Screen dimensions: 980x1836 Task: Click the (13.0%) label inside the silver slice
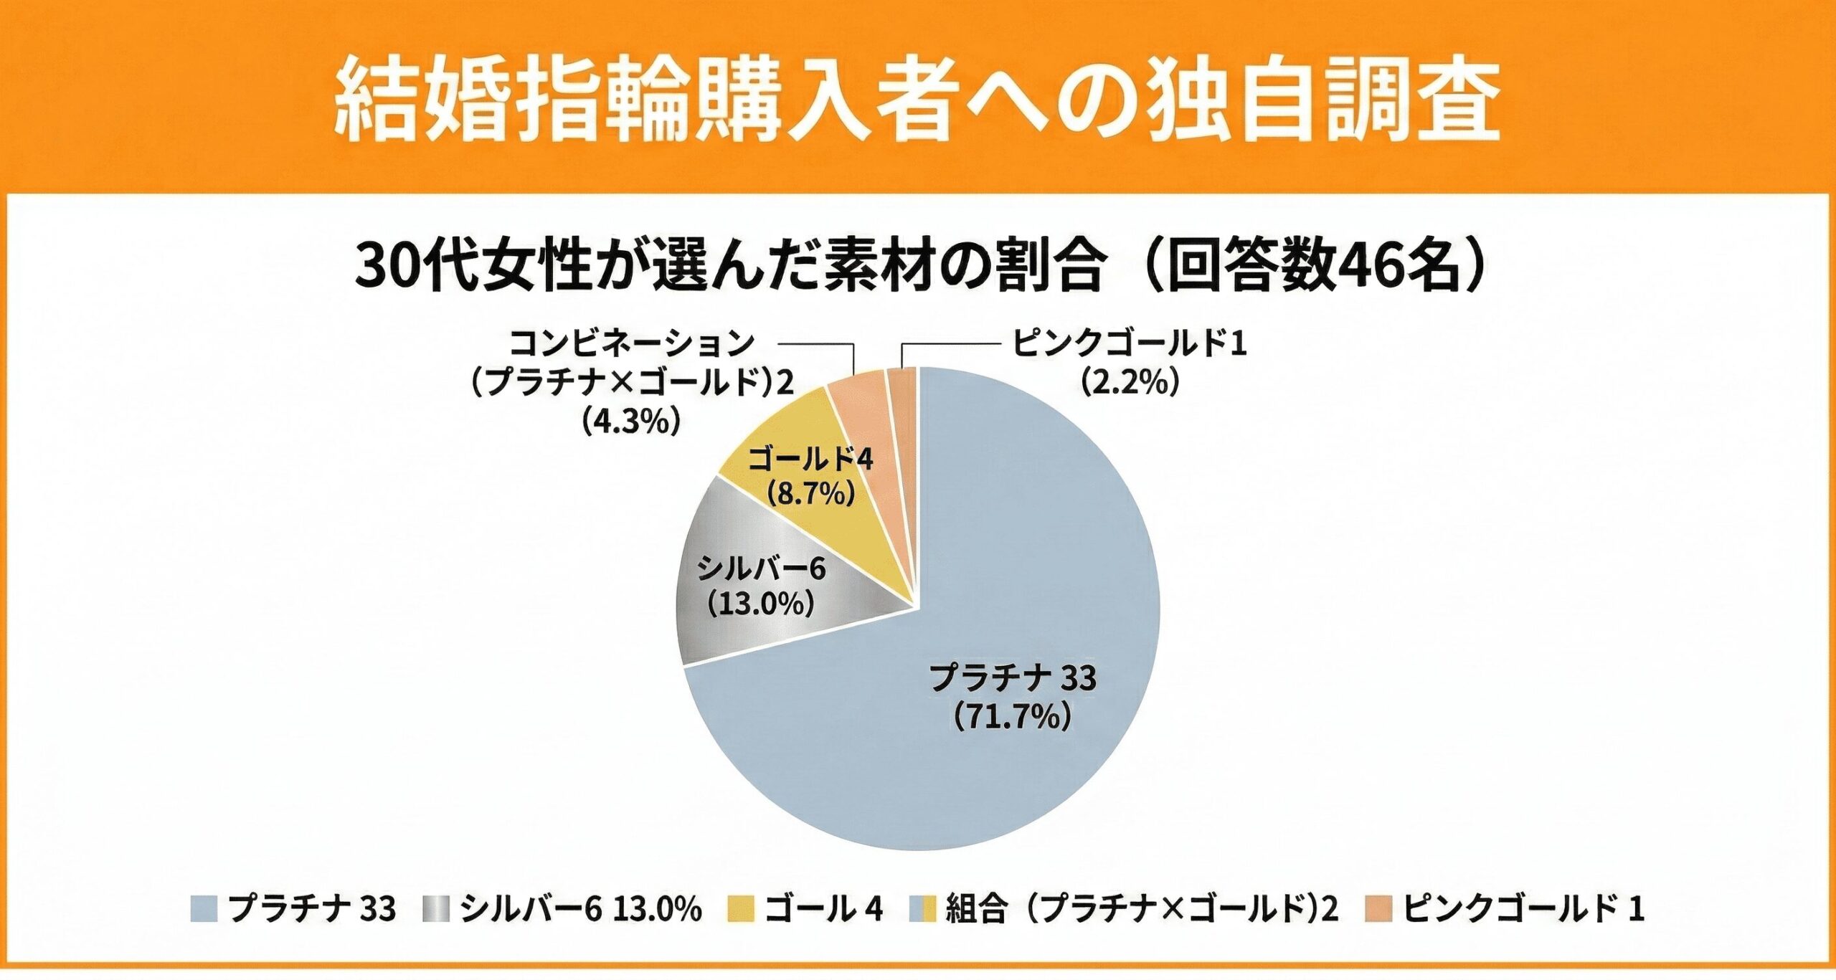point(760,604)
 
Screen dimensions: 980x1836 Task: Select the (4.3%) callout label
point(630,422)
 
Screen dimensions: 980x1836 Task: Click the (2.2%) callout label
point(1130,384)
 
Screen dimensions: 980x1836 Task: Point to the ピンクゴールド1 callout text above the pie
point(1130,345)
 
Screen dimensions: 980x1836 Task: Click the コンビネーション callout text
point(631,345)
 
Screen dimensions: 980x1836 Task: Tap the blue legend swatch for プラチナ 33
point(204,910)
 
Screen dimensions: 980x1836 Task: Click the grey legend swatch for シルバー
point(437,910)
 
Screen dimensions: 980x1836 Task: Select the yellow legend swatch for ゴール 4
point(741,910)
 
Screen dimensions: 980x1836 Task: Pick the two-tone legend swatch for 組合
point(922,910)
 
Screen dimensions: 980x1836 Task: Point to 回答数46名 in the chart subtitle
point(1312,270)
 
